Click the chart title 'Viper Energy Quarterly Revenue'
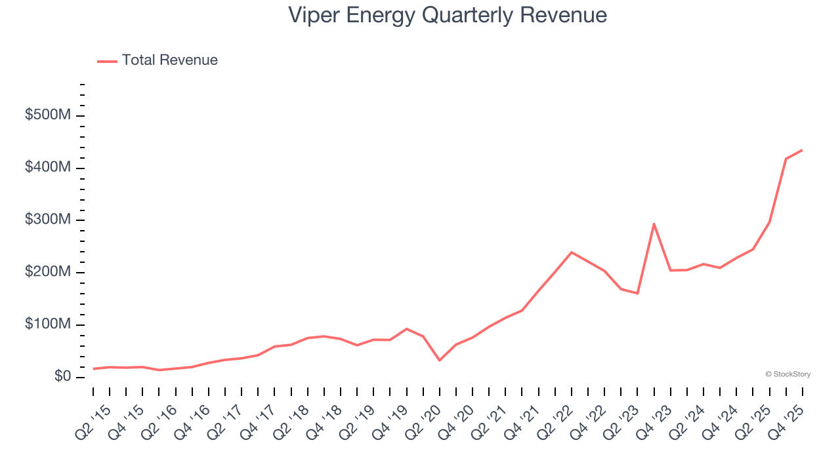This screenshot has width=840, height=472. (x=448, y=15)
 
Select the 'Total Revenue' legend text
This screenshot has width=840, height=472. (x=169, y=60)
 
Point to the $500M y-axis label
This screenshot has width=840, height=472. (x=47, y=115)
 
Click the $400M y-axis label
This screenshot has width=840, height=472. (x=47, y=168)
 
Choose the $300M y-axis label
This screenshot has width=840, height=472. (x=47, y=220)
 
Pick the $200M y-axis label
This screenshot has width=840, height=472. (x=47, y=272)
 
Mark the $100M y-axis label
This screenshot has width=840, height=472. (x=47, y=324)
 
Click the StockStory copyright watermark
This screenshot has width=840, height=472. (x=787, y=374)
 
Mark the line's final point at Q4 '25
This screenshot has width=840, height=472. (x=802, y=150)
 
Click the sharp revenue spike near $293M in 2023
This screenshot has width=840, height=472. (x=654, y=224)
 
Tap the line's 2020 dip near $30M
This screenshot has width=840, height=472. (x=439, y=361)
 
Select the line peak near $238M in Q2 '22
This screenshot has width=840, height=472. (x=572, y=252)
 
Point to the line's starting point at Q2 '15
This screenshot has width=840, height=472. (x=93, y=368)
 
